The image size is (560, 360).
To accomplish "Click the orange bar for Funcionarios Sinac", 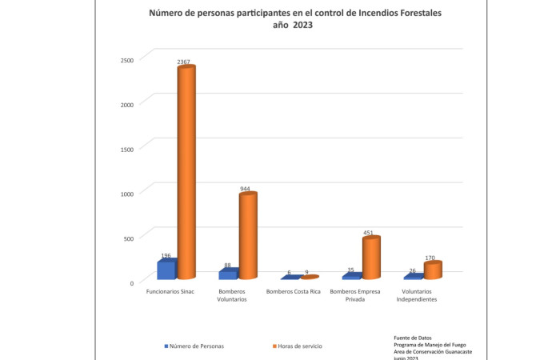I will click(186, 172).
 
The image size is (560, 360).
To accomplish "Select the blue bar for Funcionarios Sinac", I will click(166, 269).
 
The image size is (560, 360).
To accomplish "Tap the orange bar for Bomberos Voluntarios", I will click(248, 236).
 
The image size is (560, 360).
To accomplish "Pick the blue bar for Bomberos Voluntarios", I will click(228, 274).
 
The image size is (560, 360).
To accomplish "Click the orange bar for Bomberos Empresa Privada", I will click(370, 258).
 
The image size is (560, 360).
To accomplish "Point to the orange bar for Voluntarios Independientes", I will click(433, 270).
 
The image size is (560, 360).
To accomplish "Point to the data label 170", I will click(430, 258).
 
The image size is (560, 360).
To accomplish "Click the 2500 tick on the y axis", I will click(126, 59).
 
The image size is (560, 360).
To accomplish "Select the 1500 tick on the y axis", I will click(126, 148).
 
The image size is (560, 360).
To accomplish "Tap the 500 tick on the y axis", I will click(128, 238).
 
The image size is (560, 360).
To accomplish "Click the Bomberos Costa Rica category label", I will click(294, 291).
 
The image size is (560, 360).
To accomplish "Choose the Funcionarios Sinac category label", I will click(170, 291).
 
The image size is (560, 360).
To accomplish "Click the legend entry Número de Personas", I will click(195, 346).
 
